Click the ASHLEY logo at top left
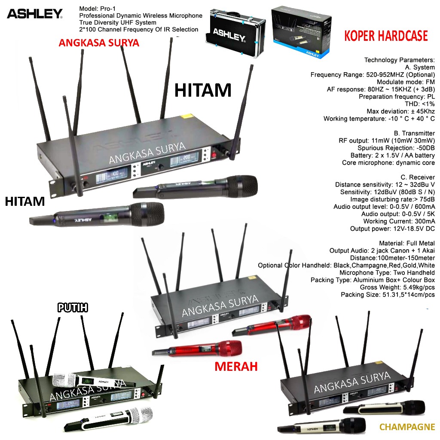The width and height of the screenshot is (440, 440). click(x=34, y=14)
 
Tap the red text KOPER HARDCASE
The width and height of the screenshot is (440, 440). click(x=386, y=36)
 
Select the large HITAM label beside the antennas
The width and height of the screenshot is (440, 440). click(x=203, y=90)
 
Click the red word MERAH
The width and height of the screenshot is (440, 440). click(x=236, y=367)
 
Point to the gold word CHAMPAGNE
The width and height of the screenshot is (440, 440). click(x=407, y=427)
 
